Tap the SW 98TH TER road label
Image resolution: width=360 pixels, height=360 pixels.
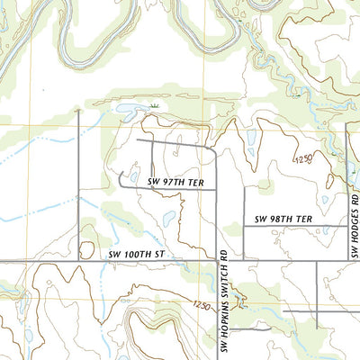(x=283, y=219)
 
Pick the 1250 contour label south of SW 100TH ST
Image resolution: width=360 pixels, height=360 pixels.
(x=202, y=307)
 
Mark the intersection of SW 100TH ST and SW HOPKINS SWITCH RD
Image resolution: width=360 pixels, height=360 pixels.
(x=219, y=261)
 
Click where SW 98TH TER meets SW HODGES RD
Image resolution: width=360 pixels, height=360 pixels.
(x=347, y=225)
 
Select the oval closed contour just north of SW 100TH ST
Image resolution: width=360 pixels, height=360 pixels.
(x=88, y=246)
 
